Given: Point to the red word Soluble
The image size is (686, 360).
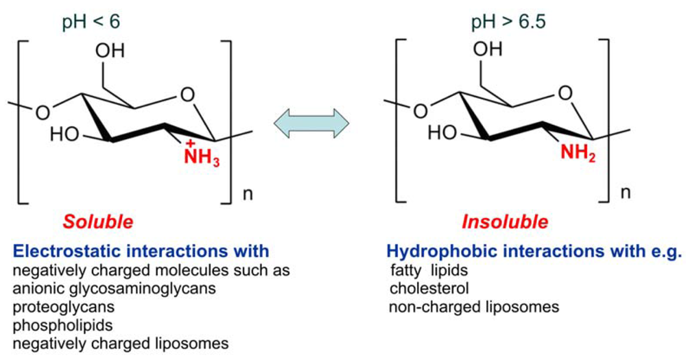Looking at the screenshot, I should (98, 222).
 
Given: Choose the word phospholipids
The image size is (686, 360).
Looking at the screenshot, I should (53, 324).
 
